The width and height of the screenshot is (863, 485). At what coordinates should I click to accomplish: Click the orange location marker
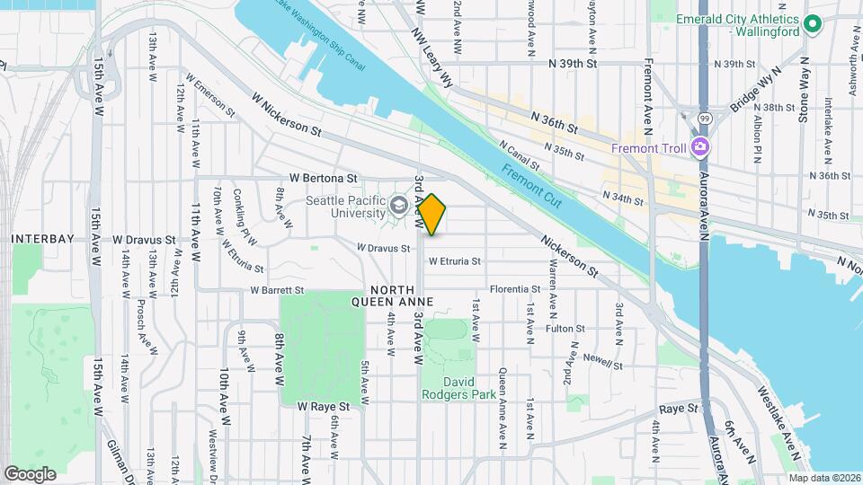(432, 215)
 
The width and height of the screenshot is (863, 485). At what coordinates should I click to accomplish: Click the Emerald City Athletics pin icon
(813, 24)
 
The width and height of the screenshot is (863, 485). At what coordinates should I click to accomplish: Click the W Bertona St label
(323, 179)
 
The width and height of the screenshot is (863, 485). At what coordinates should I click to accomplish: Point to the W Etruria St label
(454, 261)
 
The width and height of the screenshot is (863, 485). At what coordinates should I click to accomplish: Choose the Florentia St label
(514, 289)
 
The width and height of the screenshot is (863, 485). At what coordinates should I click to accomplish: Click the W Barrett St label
(278, 290)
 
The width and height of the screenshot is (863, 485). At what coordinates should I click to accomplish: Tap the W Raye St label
(324, 406)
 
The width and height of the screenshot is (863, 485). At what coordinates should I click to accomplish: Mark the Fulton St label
(565, 329)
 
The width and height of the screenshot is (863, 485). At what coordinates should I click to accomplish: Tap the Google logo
(30, 473)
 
